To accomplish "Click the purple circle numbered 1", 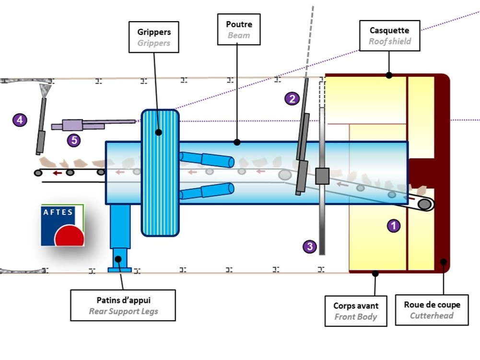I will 394,225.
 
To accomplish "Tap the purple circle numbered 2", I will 292,99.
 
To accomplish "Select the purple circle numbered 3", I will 310,246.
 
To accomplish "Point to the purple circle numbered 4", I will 19,120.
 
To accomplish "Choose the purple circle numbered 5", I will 73,140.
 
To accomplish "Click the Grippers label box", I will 154,37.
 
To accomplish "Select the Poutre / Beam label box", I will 239,30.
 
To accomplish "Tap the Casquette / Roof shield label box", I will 390,36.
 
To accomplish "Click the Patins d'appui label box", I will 123,305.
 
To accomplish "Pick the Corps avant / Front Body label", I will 356,311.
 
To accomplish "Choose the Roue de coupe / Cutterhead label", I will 432,310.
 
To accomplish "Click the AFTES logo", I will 62,225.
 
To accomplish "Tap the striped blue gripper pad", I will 160,173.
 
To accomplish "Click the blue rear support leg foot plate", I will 119,270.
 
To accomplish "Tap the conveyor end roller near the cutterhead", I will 424,204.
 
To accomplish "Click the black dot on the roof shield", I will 389,75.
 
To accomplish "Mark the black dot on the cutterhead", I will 444,262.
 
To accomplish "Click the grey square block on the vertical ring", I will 322,176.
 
